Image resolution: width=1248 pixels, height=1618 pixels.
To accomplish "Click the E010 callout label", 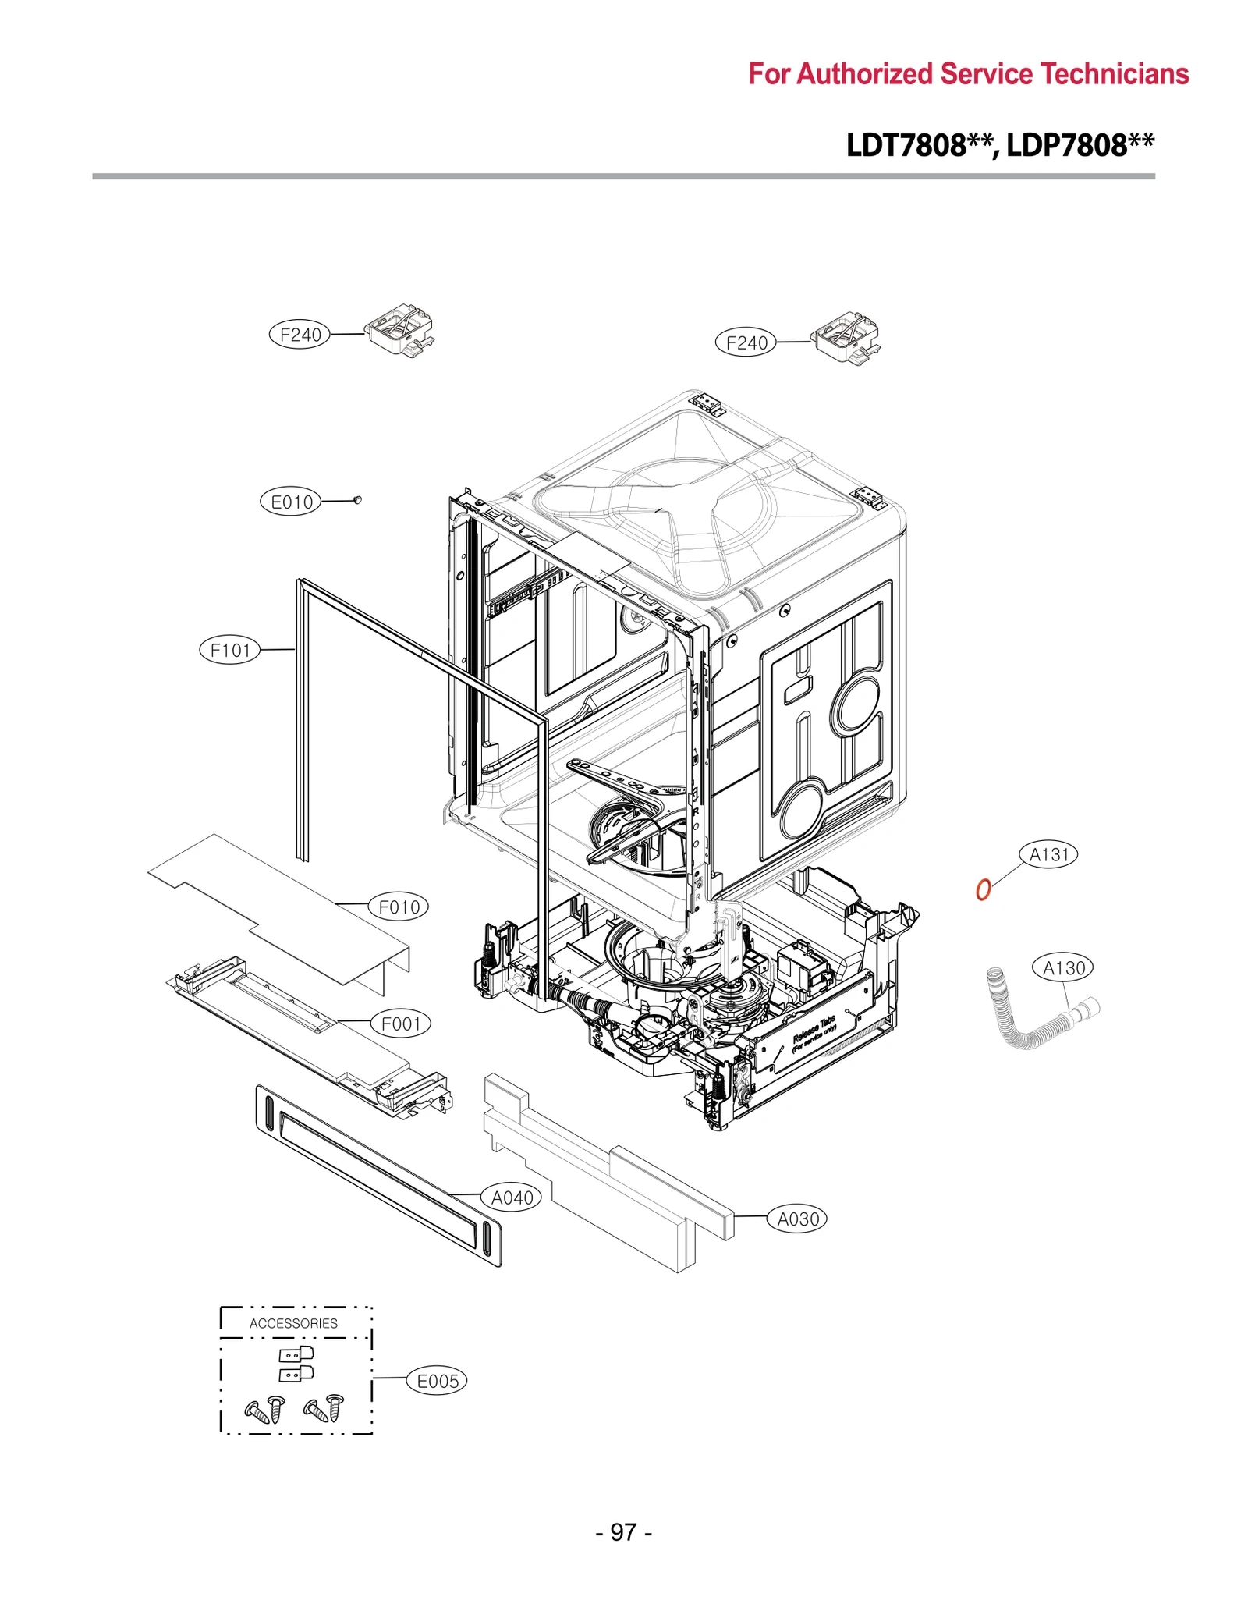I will click(291, 502).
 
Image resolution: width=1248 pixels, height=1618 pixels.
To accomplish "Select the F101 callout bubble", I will click(230, 650).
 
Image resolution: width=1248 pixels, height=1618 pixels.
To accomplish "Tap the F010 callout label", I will click(399, 907).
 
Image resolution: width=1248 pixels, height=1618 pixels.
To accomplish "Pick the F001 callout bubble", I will click(401, 1024).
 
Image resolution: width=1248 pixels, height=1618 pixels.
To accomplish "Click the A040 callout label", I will click(512, 1198).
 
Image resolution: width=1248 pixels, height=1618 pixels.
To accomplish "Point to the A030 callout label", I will click(798, 1219).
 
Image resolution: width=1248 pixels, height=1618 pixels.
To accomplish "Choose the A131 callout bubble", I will click(1048, 855).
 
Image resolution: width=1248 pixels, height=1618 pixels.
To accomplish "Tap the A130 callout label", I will click(1064, 968).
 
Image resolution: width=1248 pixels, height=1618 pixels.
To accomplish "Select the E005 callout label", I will click(438, 1382).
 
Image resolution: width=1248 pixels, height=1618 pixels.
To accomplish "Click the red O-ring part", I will click(984, 889).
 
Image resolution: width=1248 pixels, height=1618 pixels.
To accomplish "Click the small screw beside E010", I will click(358, 499).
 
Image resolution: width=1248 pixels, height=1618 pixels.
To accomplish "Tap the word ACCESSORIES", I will click(293, 1324).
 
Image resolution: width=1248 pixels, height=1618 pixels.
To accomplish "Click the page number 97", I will click(623, 1531).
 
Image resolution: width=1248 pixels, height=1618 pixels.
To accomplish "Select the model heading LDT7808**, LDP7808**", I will click(1000, 145).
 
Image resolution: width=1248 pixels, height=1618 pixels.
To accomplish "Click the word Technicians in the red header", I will click(1115, 74).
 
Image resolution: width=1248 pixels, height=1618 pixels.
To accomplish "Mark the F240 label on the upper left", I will click(300, 335).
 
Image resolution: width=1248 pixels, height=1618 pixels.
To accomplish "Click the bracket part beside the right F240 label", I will click(846, 337).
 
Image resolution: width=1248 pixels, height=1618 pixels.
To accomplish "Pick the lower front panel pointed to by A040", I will click(378, 1174).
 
